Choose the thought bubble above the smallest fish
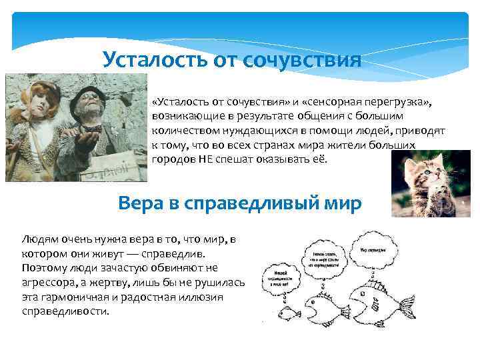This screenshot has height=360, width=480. click(x=282, y=276)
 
